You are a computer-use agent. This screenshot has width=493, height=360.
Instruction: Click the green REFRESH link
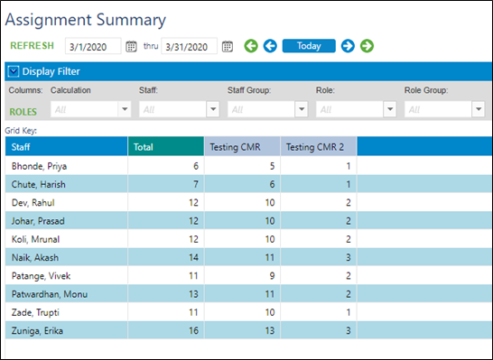coord(31,46)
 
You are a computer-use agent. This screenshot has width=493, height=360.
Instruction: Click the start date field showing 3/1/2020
coord(93,46)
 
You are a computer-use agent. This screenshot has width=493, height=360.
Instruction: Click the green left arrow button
coord(250,46)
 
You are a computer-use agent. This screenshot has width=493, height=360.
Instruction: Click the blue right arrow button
coord(348,46)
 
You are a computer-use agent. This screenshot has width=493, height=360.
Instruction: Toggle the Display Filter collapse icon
coord(13,70)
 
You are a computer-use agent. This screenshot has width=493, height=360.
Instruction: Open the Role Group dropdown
coord(478,109)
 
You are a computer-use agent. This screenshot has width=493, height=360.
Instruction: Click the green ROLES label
coord(27,112)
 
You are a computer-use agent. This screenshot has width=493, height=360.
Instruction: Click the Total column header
coord(165,146)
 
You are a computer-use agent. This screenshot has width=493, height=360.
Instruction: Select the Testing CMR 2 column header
coord(319,146)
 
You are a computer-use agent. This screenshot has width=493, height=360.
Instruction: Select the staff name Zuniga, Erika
coord(37,331)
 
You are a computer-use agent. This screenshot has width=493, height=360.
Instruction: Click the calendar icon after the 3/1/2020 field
coord(131,46)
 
